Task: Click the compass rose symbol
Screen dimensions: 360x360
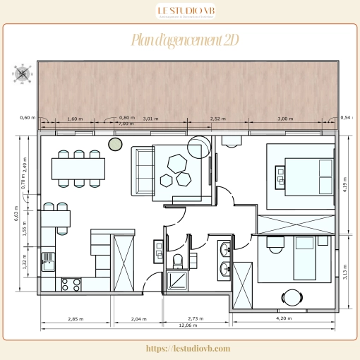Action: pos(23,73)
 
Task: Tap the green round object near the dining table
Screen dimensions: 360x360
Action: pos(114,145)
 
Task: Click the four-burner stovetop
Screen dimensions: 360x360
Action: pos(71,284)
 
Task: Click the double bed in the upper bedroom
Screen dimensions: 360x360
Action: pos(304,174)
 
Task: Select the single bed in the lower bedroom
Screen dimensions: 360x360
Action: pos(305,258)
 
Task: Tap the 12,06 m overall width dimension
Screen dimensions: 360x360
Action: pos(187,325)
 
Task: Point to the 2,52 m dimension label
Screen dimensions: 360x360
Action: pos(219,119)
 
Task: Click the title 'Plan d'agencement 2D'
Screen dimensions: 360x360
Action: pos(184,40)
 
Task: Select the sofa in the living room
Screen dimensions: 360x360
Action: pos(145,169)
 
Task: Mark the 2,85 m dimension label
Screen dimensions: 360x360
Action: pos(74,319)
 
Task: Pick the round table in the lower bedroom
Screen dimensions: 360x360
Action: pos(291,296)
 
